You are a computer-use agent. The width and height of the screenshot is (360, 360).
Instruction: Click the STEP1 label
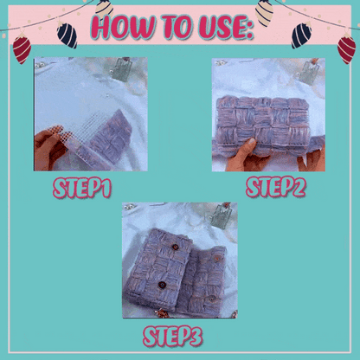pos(82,188)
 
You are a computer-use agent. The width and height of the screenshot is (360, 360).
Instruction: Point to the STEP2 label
pos(276,187)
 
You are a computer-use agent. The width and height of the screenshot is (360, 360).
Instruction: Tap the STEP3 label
pos(173,336)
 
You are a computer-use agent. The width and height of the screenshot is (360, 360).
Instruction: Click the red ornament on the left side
pos(22,48)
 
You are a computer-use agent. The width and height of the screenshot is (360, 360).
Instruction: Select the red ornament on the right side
pos(346,48)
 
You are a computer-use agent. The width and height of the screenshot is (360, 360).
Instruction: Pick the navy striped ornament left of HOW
pos(67,35)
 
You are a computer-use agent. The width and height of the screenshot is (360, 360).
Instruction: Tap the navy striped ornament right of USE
pos(301,35)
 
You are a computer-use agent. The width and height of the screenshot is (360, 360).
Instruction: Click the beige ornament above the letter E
pos(264,13)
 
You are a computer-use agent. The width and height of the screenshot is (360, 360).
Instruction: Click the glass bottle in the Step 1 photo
pos(121,69)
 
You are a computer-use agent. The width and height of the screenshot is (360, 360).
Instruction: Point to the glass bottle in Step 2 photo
pos(306,73)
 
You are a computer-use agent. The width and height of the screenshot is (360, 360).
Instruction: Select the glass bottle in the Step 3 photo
pos(222,215)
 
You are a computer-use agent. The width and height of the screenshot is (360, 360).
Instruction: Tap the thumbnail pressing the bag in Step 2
pos(252,142)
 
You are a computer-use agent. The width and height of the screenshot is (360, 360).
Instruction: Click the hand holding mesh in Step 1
pos(50,149)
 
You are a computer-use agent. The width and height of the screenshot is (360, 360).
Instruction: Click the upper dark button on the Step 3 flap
pos(175,247)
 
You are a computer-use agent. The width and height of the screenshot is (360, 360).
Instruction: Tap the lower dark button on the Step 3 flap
pos(163,285)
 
